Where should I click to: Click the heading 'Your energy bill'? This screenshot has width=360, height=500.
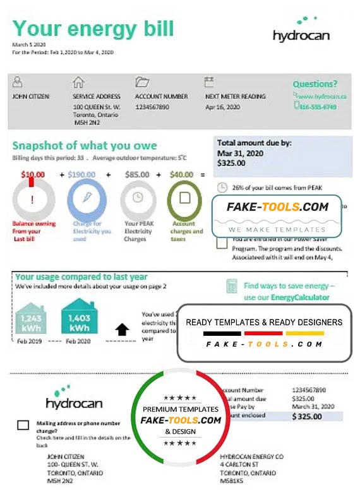pyautogui.click(x=93, y=28)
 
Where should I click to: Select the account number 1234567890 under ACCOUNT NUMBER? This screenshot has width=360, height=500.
pyautogui.click(x=152, y=107)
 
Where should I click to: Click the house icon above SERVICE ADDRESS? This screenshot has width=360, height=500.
pyautogui.click(x=78, y=83)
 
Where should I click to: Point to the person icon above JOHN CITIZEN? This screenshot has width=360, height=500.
pyautogui.click(x=18, y=83)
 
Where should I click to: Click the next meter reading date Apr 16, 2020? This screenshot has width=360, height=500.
pyautogui.click(x=222, y=107)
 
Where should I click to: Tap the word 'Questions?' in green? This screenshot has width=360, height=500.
pyautogui.click(x=315, y=84)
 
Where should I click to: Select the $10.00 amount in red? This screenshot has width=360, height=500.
pyautogui.click(x=33, y=174)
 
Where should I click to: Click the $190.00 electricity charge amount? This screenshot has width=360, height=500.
pyautogui.click(x=81, y=174)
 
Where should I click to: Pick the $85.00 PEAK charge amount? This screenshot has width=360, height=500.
pyautogui.click(x=137, y=174)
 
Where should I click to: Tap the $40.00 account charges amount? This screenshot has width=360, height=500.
pyautogui.click(x=182, y=174)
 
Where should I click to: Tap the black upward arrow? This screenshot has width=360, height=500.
pyautogui.click(x=120, y=330)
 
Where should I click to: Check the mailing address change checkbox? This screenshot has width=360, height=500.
pyautogui.click(x=23, y=425)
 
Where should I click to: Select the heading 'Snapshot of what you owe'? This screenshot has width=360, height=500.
pyautogui.click(x=85, y=146)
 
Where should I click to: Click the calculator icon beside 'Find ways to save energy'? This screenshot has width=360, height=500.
pyautogui.click(x=232, y=287)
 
